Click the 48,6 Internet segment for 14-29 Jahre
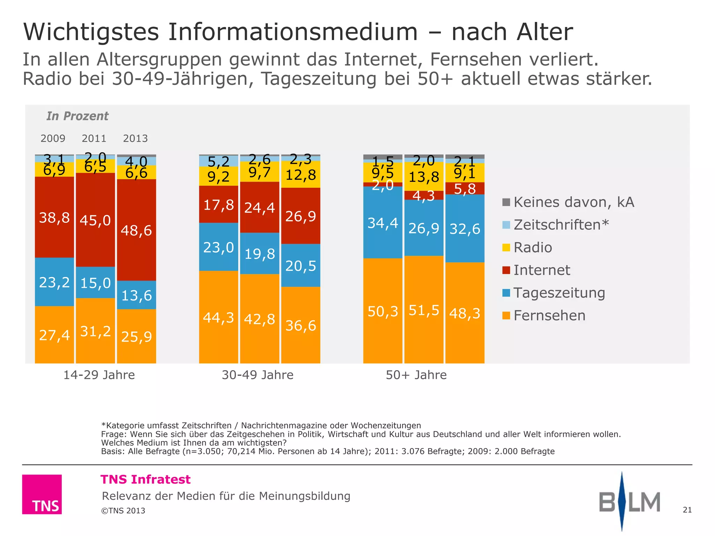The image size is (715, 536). [x=136, y=230]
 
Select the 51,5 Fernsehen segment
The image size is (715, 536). [x=423, y=310]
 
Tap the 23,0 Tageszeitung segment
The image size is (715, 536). [x=219, y=247]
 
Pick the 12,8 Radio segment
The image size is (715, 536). [x=301, y=174]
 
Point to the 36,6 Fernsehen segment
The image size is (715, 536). [x=301, y=325]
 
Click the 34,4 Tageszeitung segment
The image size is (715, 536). [x=383, y=222]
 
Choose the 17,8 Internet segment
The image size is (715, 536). [x=219, y=204]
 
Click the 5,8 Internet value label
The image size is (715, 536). [x=465, y=189]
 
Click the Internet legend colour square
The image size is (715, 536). [x=506, y=270]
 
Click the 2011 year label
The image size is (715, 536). [x=94, y=139]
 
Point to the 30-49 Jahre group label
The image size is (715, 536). [x=258, y=375]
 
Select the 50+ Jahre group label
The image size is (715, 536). [x=416, y=375]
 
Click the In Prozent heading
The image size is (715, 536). [x=78, y=116]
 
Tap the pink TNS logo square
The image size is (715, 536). [x=42, y=494]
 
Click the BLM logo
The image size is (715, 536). [x=629, y=501]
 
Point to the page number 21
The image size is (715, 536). [x=687, y=510]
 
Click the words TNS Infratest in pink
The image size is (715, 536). [x=146, y=479]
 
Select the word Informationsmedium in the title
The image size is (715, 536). [x=293, y=32]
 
